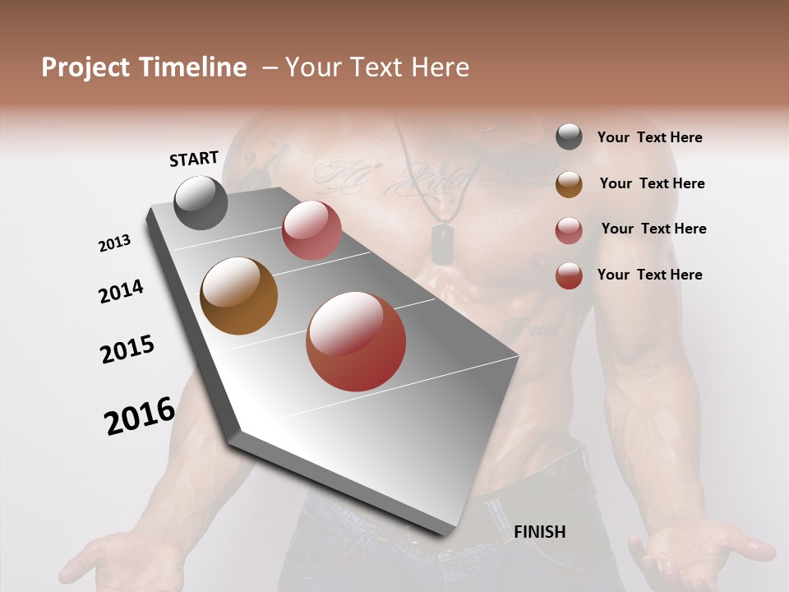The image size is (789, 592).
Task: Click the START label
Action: tap(194, 159)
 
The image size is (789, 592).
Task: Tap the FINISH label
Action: tap(539, 532)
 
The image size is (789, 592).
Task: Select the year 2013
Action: tap(114, 243)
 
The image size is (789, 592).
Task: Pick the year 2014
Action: tap(121, 291)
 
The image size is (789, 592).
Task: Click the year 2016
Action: tap(140, 416)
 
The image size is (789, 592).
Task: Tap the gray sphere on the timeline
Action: tap(201, 202)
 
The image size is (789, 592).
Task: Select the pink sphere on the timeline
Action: tap(311, 230)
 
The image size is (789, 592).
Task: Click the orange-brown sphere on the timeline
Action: tap(238, 296)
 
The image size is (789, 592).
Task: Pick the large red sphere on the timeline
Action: tap(356, 341)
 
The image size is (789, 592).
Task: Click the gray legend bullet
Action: tap(569, 137)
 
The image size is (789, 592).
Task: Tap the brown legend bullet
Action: tap(569, 184)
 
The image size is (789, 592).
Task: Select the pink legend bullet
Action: tap(569, 230)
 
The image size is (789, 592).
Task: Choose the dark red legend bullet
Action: tap(569, 275)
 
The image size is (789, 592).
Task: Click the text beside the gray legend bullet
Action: tap(649, 137)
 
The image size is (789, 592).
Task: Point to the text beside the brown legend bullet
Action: tap(652, 183)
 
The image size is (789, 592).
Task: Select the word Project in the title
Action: tap(85, 67)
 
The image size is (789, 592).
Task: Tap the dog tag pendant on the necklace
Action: tap(443, 244)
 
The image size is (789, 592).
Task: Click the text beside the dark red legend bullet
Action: tap(649, 275)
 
